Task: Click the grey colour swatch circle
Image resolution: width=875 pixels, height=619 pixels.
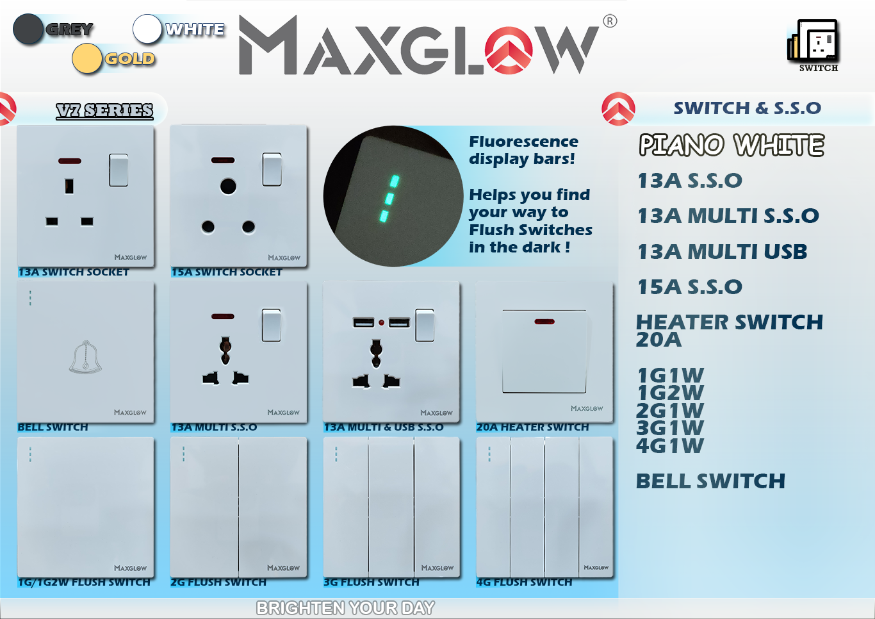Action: [x=28, y=29]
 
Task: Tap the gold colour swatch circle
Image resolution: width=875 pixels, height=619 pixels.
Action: [x=86, y=58]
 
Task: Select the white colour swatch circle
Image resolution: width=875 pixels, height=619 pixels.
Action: [x=147, y=29]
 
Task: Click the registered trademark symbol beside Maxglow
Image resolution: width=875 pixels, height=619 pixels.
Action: [x=610, y=21]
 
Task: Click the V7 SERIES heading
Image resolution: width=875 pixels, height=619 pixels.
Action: [x=104, y=111]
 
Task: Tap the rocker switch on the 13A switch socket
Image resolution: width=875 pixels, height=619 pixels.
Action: [x=119, y=170]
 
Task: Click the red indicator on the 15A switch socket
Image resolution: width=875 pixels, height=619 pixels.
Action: [x=223, y=160]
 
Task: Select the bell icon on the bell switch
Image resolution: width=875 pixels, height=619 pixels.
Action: [x=85, y=356]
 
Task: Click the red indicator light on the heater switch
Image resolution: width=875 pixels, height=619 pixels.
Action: [x=544, y=322]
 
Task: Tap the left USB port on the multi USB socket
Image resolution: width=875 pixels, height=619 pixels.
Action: [x=363, y=322]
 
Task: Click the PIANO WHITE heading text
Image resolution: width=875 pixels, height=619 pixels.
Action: [x=732, y=145]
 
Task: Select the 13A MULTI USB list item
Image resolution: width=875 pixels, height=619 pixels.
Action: [x=723, y=252]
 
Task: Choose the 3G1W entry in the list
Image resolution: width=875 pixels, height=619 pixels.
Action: [x=670, y=428]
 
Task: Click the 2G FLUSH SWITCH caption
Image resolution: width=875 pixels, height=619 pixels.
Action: [x=218, y=582]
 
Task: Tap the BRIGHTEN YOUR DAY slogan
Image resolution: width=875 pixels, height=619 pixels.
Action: [x=345, y=607]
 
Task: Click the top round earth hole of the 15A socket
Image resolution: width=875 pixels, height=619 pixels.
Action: [x=228, y=186]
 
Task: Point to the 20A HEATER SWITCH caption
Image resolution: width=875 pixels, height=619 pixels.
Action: [x=532, y=427]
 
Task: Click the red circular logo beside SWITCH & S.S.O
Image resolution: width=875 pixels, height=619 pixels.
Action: [x=618, y=109]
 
